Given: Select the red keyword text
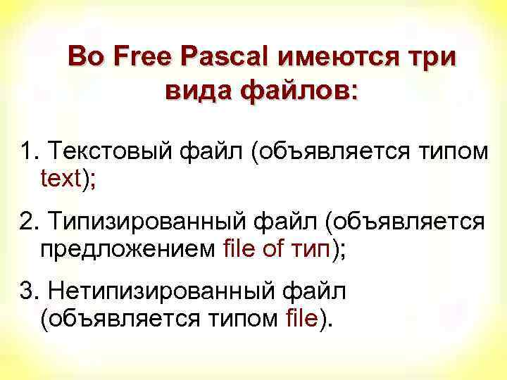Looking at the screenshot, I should tap(61, 179).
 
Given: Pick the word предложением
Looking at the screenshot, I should tap(127, 248).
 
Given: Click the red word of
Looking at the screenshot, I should tap(273, 248).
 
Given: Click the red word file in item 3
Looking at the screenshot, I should tap(303, 319).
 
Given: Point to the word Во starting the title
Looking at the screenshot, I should tap(85, 56).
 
